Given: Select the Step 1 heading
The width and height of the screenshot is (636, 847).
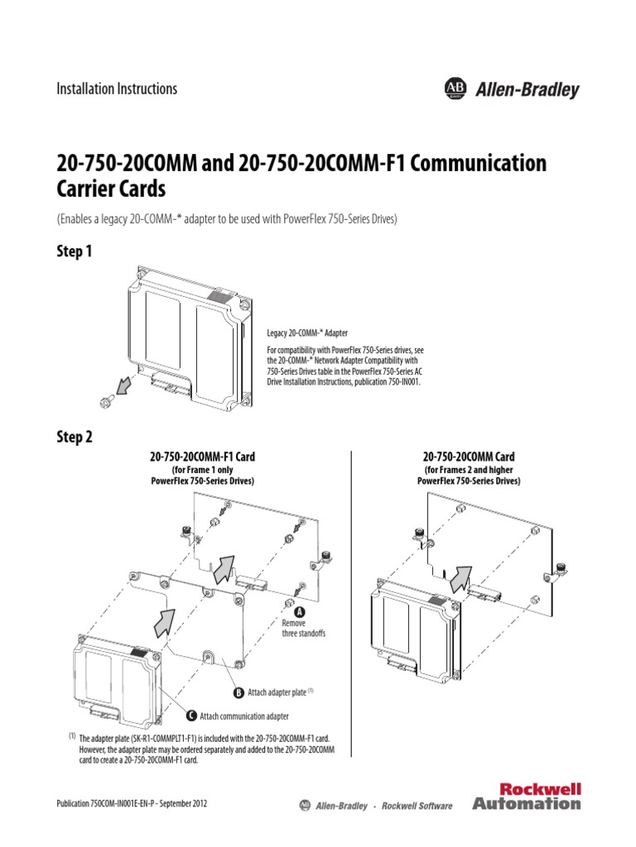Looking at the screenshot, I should coord(74,251).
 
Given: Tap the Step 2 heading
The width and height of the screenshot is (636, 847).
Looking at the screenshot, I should coord(74,438).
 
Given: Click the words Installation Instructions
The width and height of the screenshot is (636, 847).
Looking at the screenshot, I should coord(116,89).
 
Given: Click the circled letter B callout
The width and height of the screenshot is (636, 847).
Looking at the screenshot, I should coord(238,691).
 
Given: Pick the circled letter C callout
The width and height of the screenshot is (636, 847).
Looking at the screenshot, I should coord(192,715).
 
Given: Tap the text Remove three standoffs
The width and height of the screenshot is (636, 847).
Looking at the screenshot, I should coord(304,628).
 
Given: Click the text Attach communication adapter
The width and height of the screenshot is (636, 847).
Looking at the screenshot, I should coord(245,716).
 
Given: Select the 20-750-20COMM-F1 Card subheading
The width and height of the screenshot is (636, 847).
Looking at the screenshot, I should coord(201,457).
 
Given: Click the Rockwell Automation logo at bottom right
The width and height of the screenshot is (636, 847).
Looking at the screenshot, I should coord(527,795).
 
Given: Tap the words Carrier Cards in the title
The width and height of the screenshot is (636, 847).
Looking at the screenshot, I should coord(111,189).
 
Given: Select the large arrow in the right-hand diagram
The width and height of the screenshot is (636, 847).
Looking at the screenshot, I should coord(460,578).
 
